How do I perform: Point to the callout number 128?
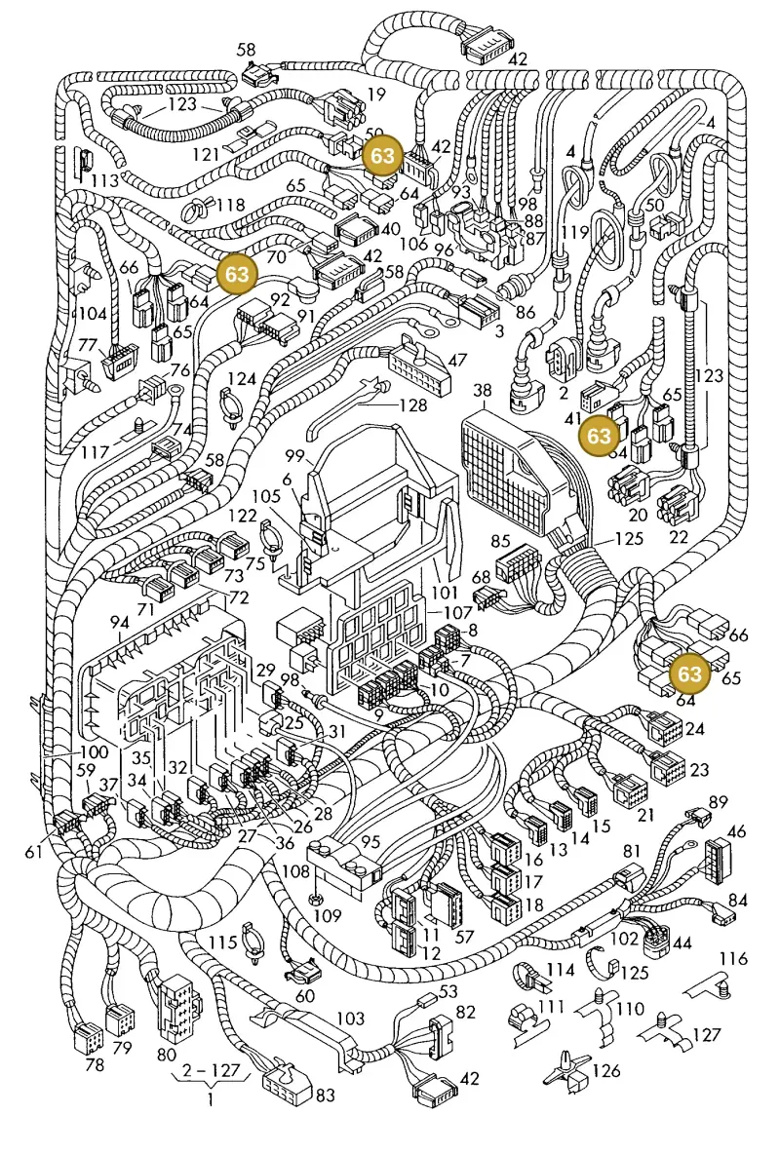tap(413, 404)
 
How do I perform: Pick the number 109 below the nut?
tap(328, 915)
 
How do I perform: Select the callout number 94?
tap(119, 624)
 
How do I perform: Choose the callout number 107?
tap(458, 611)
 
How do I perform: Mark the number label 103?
tap(350, 1018)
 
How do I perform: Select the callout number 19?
tap(376, 94)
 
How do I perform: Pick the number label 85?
tap(500, 541)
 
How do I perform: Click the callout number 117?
tap(95, 451)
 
